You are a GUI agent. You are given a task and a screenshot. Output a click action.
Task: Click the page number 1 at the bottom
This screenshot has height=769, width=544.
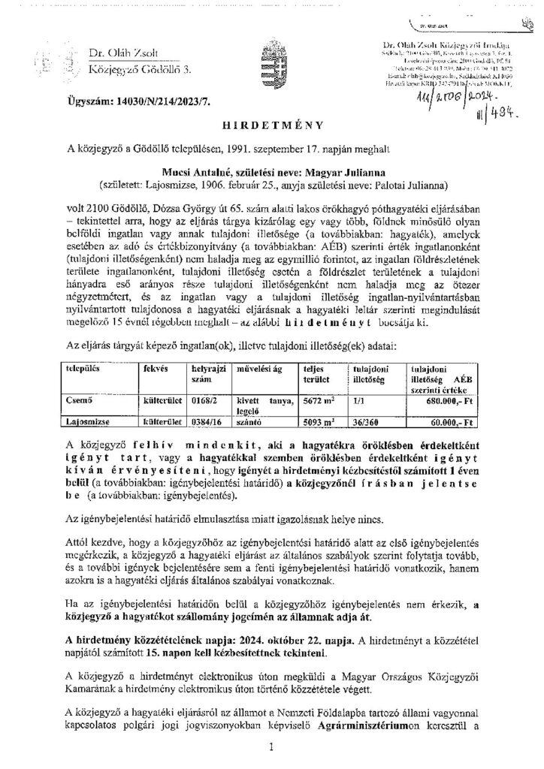pos(272,748)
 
